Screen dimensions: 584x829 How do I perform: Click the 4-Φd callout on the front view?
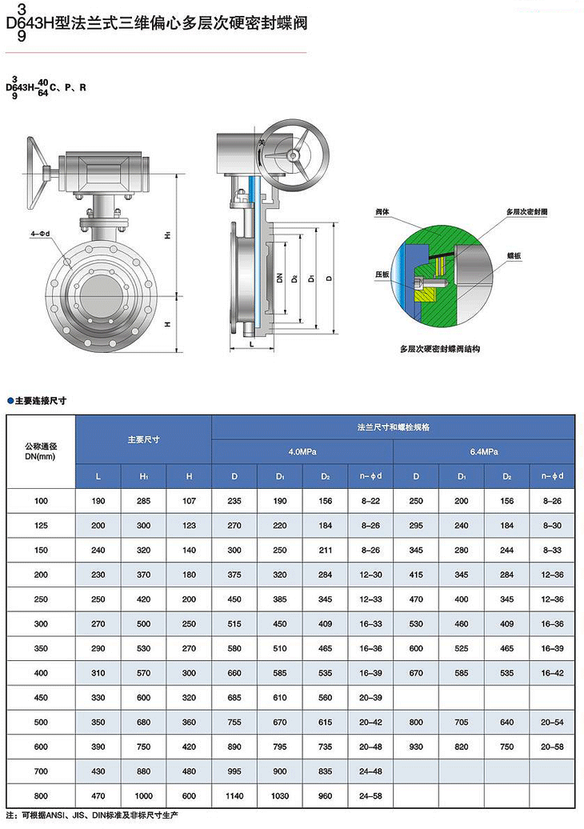pyautogui.click(x=39, y=233)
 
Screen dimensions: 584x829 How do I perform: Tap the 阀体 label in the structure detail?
pyautogui.click(x=382, y=211)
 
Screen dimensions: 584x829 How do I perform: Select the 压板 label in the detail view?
pyautogui.click(x=382, y=274)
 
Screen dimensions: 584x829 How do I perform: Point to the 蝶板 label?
pyautogui.click(x=514, y=256)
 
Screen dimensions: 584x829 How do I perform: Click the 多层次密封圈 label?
pyautogui.click(x=527, y=211)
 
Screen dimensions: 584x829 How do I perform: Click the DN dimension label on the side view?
pyautogui.click(x=280, y=277)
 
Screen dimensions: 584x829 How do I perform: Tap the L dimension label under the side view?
pyautogui.click(x=251, y=344)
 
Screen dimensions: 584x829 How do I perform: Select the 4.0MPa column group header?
pyautogui.click(x=302, y=452)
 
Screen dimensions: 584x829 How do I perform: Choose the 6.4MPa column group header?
pyautogui.click(x=484, y=452)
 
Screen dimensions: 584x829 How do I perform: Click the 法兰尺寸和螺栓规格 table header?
pyautogui.click(x=394, y=427)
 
